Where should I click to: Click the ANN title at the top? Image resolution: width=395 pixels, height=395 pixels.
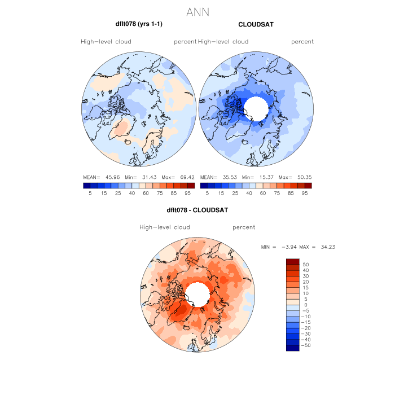click(197, 12)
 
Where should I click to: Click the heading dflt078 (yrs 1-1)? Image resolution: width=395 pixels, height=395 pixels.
click(139, 25)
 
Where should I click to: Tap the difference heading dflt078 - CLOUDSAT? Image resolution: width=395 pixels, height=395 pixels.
click(197, 210)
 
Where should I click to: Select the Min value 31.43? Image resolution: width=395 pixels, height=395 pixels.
click(150, 177)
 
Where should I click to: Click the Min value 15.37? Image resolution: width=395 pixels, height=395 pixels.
click(267, 177)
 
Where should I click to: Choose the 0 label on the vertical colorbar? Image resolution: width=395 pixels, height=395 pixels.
click(305, 305)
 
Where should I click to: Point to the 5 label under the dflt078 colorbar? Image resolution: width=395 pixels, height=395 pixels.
click(90, 193)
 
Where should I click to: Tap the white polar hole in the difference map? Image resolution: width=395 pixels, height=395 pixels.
click(197, 295)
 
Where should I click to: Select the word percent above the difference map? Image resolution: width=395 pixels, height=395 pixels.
click(244, 227)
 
